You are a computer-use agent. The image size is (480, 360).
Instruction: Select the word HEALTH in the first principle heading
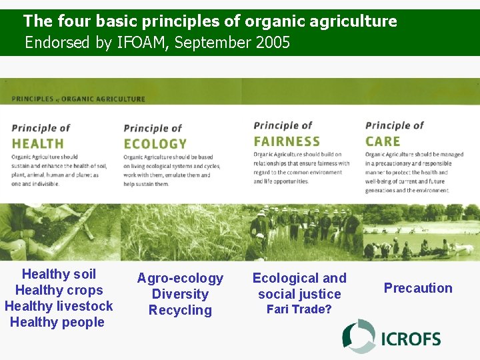click(x=38, y=143)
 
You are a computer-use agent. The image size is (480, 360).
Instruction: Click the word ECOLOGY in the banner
click(x=155, y=143)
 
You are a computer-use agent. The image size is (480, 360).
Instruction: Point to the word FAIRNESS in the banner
click(x=287, y=141)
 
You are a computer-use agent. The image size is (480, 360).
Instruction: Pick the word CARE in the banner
click(x=383, y=141)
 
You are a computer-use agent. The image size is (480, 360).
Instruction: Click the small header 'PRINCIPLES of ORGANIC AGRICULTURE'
click(x=78, y=99)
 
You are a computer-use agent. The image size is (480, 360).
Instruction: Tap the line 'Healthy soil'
click(x=59, y=274)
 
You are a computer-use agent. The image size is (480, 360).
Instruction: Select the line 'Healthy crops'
click(x=59, y=290)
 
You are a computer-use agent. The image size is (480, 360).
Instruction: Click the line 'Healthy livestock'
click(x=59, y=306)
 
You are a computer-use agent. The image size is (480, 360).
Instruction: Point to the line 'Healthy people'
click(x=57, y=322)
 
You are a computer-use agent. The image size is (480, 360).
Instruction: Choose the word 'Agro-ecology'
click(x=180, y=278)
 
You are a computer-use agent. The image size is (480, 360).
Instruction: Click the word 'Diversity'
click(x=180, y=294)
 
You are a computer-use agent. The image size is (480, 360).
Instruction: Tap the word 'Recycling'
click(x=180, y=310)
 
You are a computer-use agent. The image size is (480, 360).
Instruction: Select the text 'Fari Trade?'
click(x=299, y=309)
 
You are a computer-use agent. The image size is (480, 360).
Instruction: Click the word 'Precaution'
click(x=418, y=288)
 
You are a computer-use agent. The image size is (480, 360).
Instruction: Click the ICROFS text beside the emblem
click(x=411, y=339)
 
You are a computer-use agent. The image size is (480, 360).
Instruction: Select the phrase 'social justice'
click(x=299, y=294)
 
